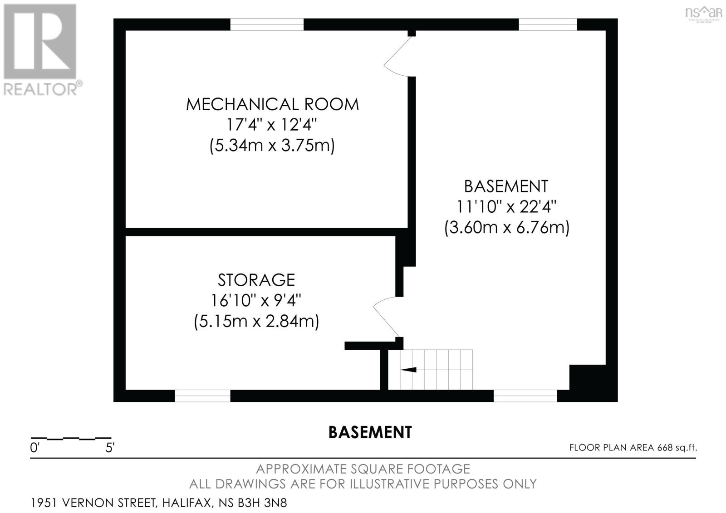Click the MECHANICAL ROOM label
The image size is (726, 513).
[x=272, y=104]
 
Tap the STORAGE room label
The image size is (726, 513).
[x=256, y=280]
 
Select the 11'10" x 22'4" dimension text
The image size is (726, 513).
[x=506, y=206]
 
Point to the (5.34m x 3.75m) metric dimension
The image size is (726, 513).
[x=272, y=145]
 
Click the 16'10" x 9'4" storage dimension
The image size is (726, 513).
[x=256, y=300]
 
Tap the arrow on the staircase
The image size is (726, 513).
[x=408, y=369]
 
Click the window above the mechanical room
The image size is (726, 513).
[x=267, y=24]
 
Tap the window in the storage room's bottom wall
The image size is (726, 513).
[x=202, y=396]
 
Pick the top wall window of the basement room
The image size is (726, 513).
[x=548, y=24]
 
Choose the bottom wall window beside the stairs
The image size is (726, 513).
[x=525, y=396]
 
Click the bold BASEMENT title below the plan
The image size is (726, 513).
[x=370, y=432]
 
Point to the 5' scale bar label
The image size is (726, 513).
[x=110, y=448]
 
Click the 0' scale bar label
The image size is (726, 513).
[x=34, y=448]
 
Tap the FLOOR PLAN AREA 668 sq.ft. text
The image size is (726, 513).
[x=633, y=448]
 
